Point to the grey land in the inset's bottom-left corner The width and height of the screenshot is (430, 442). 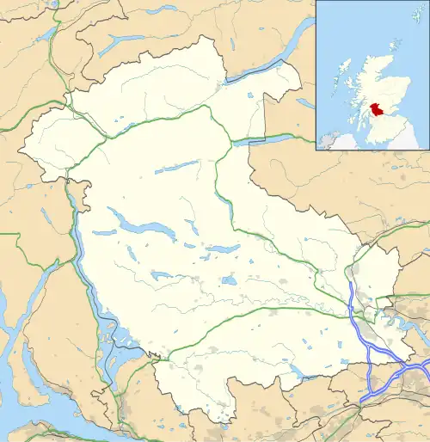click(327, 140)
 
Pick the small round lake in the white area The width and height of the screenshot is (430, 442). click(228, 280)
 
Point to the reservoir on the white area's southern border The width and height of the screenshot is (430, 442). click(297, 372)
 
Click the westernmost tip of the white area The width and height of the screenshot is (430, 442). click(19, 153)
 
